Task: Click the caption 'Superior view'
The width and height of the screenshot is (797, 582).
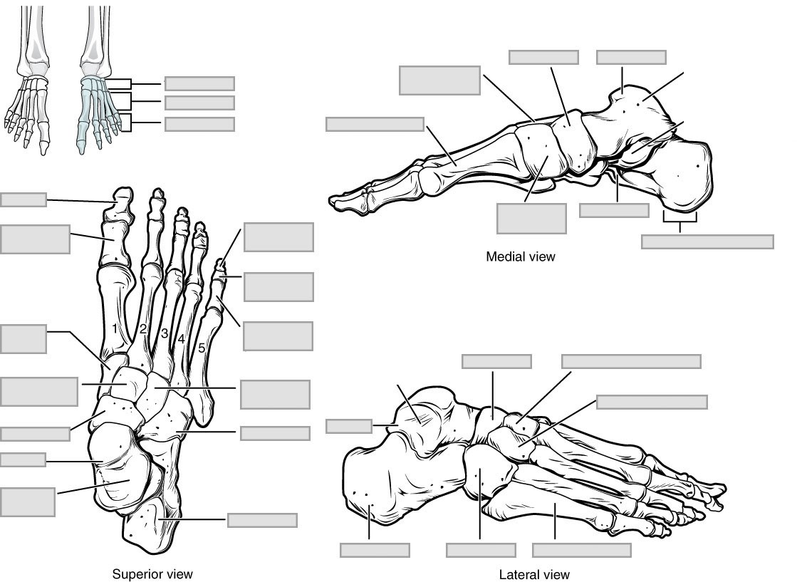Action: point(152,573)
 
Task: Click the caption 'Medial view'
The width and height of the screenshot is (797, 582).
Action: point(520,256)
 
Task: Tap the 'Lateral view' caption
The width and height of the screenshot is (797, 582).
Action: point(534,574)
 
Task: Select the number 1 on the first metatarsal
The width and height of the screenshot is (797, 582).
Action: point(115,328)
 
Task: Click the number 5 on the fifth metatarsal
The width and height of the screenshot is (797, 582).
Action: point(202,348)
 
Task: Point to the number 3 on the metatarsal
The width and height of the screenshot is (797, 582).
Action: point(164,333)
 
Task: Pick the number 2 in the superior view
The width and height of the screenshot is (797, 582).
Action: point(143,328)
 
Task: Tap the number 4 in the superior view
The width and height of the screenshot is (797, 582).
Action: point(182,340)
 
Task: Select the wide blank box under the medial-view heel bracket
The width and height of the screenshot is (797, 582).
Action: point(707,241)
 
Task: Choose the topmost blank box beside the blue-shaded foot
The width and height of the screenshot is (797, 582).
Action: point(199,83)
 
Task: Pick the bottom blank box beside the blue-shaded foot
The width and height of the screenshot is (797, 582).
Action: point(199,124)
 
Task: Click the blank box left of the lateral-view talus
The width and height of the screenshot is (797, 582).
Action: point(348,426)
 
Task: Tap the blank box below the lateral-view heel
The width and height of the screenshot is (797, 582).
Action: point(375,550)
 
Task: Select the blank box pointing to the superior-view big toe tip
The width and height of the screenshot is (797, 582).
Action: point(23,199)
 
